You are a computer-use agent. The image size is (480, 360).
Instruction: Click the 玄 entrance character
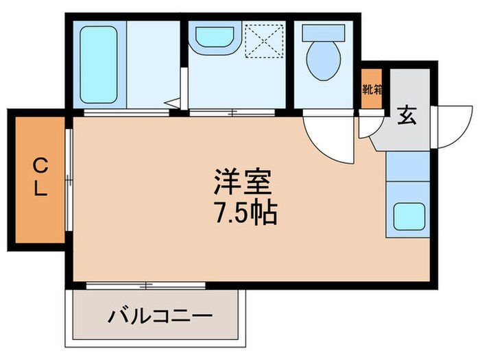[x=407, y=117]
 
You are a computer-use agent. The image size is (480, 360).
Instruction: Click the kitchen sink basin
[x=409, y=217]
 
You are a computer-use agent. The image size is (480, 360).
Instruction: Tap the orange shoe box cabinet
[x=372, y=89]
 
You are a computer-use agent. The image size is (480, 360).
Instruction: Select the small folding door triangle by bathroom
[x=174, y=104]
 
